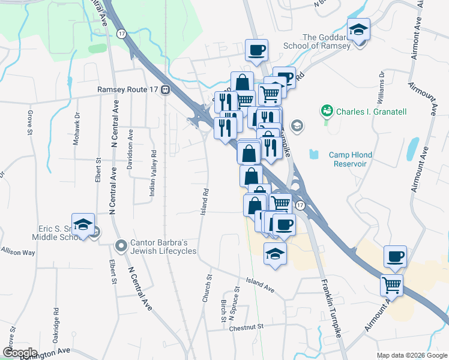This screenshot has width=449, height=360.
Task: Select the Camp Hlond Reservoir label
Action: (x=350, y=159)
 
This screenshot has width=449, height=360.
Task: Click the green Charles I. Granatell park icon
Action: (x=327, y=111)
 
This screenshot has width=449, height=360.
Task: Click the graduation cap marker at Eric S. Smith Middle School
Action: (x=83, y=224)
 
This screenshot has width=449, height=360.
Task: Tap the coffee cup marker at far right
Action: (x=395, y=256)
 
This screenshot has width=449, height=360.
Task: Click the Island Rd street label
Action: (x=205, y=202)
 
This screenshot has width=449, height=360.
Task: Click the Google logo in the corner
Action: (x=20, y=353)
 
